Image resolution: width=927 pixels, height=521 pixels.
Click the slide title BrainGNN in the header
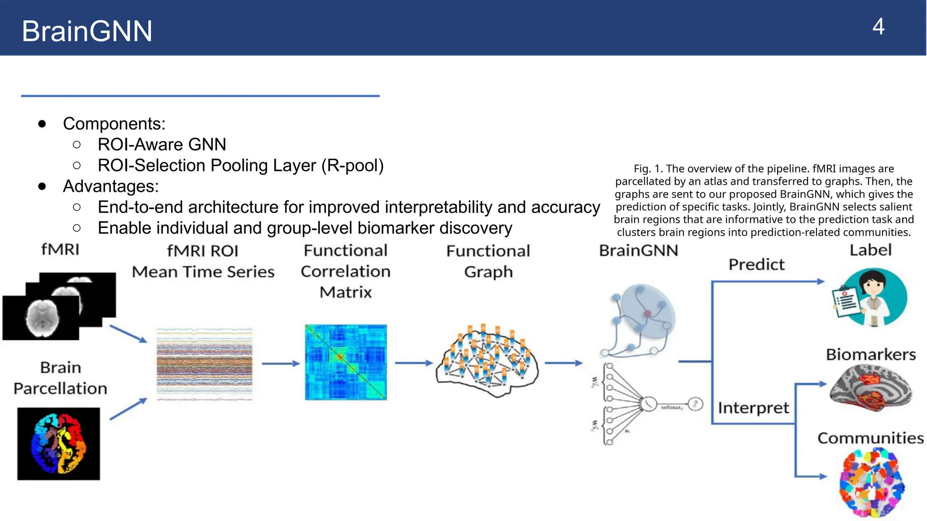(x=87, y=31)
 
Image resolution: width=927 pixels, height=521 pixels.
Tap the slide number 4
(x=878, y=27)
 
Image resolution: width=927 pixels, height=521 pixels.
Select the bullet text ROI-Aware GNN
(x=162, y=145)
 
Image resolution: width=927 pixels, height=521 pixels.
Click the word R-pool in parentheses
(x=352, y=166)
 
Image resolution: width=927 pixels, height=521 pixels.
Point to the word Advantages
(x=110, y=186)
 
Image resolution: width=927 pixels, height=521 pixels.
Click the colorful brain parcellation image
(x=58, y=444)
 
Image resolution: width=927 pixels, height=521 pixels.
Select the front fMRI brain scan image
(x=41, y=317)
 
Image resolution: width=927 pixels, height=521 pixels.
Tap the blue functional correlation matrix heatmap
(x=346, y=362)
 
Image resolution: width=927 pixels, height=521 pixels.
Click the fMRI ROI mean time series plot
(x=204, y=364)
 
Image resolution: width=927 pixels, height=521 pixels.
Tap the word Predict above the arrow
(x=756, y=265)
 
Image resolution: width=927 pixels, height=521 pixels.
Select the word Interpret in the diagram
(x=753, y=408)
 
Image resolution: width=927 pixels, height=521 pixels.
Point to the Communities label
(x=870, y=438)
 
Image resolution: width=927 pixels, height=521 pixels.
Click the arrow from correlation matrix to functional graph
(x=414, y=363)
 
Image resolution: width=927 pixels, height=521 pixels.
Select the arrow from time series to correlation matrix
(x=281, y=363)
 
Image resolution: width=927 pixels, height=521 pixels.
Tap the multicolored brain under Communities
(x=872, y=483)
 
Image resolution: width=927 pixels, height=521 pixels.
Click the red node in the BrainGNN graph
(x=647, y=313)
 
